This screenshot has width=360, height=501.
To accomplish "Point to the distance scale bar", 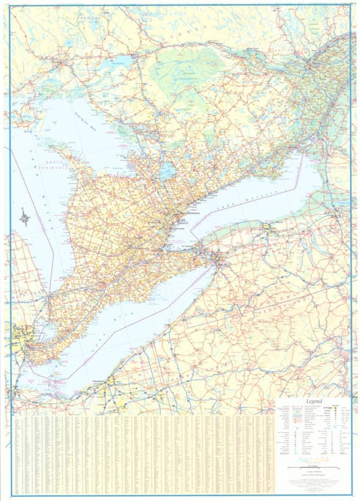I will pos(312,467).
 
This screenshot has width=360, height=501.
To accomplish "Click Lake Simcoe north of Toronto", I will pos(168,169).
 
